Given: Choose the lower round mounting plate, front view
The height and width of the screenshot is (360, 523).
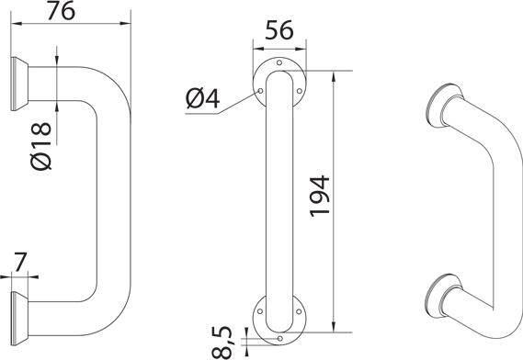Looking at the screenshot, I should pyautogui.click(x=279, y=317).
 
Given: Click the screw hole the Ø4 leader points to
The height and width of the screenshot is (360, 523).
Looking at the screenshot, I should pyautogui.click(x=260, y=90).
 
